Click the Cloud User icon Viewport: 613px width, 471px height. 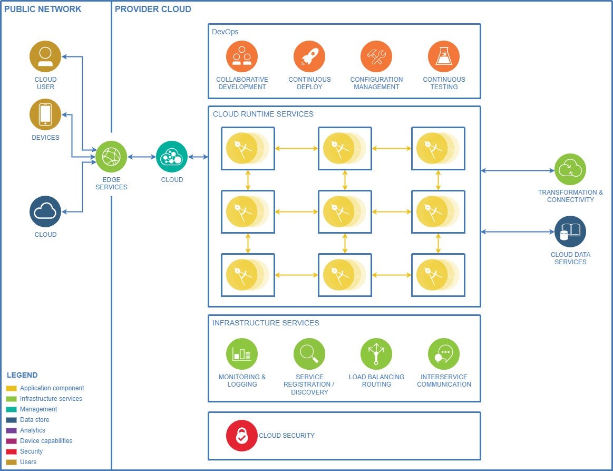tap(45, 56)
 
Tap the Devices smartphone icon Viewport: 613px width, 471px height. tap(45, 114)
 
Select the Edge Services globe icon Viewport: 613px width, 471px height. tap(111, 157)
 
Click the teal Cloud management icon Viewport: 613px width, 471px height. tap(172, 157)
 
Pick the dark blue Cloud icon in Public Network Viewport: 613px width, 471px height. tap(45, 212)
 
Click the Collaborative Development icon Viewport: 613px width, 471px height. tap(242, 56)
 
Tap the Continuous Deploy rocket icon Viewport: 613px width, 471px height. tap(309, 56)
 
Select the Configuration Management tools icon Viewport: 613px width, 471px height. tap(376, 56)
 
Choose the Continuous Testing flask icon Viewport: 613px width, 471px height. tap(444, 56)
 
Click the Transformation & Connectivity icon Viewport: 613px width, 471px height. tap(570, 169)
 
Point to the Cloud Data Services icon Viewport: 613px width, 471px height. tap(570, 232)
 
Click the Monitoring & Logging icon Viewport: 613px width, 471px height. tap(242, 354)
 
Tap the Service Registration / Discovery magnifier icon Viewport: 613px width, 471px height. tap(309, 354)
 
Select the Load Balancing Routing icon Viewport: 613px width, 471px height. tap(376, 354)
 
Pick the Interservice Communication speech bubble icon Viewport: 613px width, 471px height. tap(444, 354)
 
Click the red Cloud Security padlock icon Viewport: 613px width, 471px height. tap(242, 436)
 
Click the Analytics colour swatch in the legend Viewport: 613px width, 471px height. tap(11, 430)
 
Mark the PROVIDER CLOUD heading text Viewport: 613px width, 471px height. tap(153, 9)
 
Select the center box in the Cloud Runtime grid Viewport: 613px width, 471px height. tap(345, 212)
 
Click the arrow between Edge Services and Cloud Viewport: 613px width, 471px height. tap(142, 157)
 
